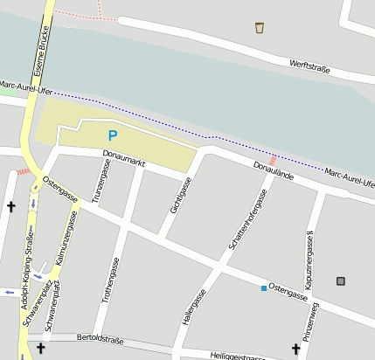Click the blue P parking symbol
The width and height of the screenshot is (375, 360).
(x=112, y=135)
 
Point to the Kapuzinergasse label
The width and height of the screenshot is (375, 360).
(x=309, y=260)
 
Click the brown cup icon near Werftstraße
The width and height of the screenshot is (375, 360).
(x=260, y=28)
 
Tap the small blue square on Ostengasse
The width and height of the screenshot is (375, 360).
(x=262, y=287)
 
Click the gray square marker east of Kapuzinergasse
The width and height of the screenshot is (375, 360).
(x=340, y=280)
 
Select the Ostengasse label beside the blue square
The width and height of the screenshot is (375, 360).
(x=288, y=292)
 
